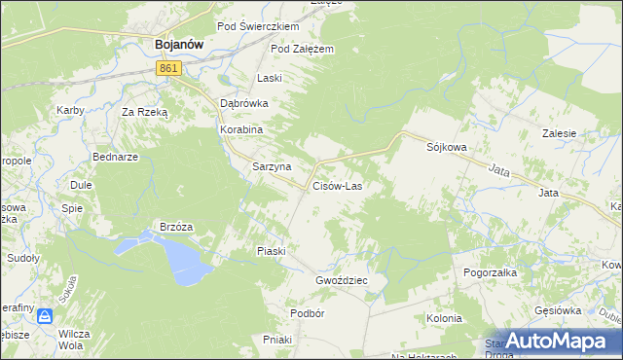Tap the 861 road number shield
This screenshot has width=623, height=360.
tap(168, 67)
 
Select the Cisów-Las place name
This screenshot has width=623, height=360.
tap(337, 185)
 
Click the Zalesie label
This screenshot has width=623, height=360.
tap(561, 133)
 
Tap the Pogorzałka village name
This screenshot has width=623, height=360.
tap(491, 272)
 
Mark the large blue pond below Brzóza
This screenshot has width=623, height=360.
tap(181, 259)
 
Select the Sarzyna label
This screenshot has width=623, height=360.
tap(272, 166)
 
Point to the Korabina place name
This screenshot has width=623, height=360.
tap(242, 127)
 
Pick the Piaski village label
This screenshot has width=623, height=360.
tap(271, 251)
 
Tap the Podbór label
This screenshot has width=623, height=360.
tap(307, 313)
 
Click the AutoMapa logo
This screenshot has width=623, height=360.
tap(551, 341)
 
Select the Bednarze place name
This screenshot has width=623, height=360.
tap(115, 157)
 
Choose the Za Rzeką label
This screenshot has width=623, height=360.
tap(145, 112)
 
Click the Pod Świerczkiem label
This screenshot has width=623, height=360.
tap(258, 26)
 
